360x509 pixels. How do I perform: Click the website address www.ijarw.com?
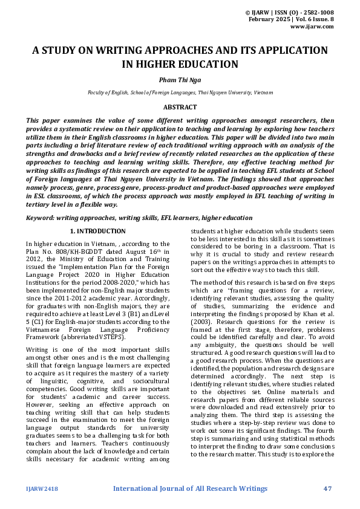312,27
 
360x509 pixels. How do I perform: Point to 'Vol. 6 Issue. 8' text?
313,19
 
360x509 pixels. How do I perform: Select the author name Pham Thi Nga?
180,79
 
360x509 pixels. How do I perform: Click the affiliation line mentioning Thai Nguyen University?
180,92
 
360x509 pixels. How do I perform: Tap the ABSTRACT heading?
180,107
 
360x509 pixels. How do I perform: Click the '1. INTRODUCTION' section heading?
98,231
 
